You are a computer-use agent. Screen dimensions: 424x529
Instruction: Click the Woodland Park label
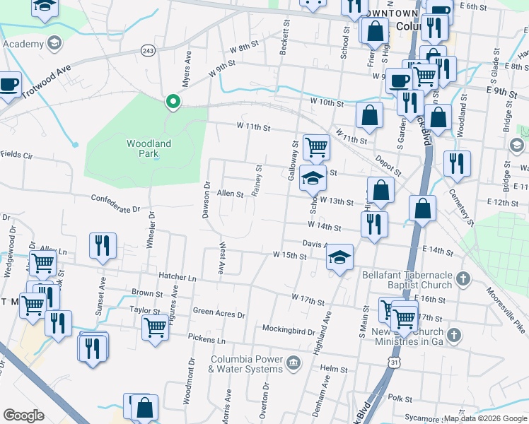click(x=149, y=148)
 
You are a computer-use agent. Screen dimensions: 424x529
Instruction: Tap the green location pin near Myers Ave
click(x=172, y=103)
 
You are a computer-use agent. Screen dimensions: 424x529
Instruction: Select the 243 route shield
click(x=148, y=51)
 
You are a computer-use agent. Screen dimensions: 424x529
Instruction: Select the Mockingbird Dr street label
click(x=286, y=330)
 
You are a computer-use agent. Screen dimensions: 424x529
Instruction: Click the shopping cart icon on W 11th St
click(x=316, y=147)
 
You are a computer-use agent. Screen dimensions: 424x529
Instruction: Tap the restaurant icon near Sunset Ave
click(x=103, y=245)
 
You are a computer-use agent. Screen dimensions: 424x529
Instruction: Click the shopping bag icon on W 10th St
click(x=369, y=116)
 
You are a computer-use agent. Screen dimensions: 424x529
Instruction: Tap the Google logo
click(x=24, y=416)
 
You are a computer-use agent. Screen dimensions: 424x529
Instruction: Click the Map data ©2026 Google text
click(x=484, y=418)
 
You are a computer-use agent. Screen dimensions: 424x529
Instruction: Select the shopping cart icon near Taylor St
click(x=155, y=327)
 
